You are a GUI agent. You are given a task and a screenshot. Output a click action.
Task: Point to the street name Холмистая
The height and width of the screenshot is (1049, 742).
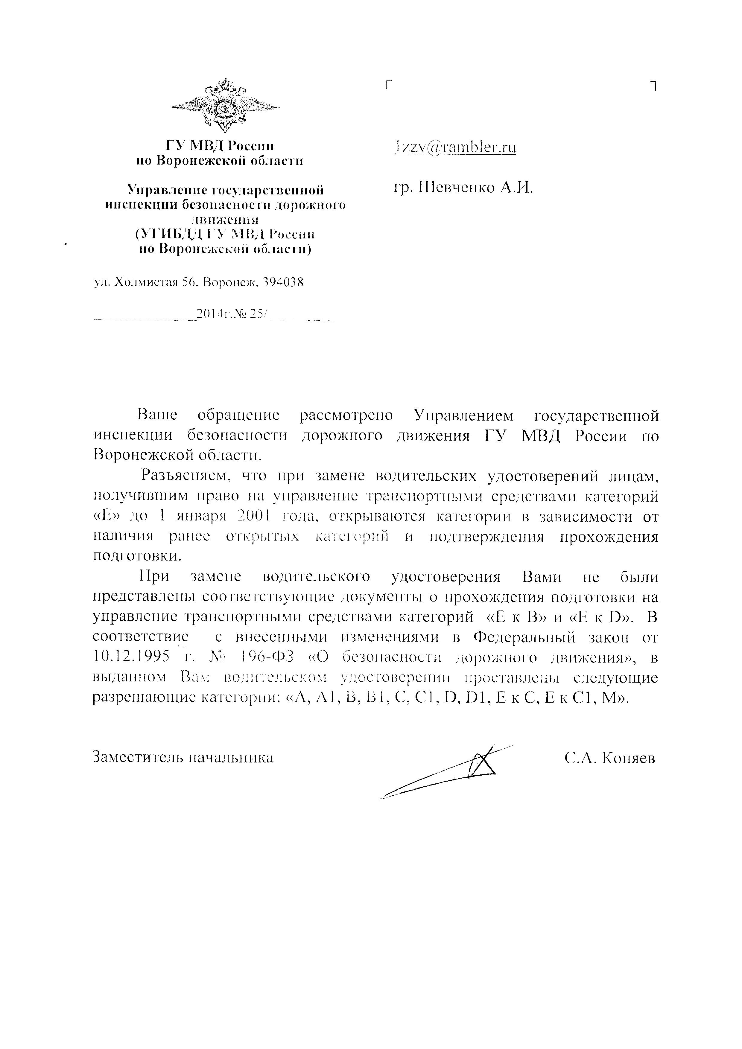coord(145,282)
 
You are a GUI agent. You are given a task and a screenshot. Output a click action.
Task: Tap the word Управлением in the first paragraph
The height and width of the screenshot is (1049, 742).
coord(463,416)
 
